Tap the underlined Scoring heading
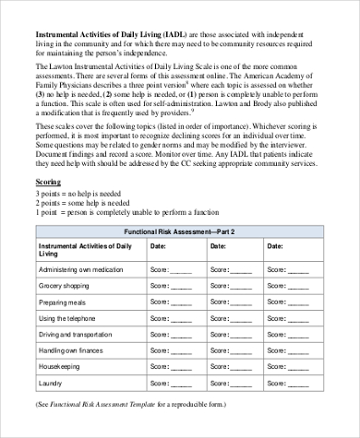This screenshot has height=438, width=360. [x=48, y=182]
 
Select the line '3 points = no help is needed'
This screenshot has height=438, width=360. [x=79, y=195]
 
